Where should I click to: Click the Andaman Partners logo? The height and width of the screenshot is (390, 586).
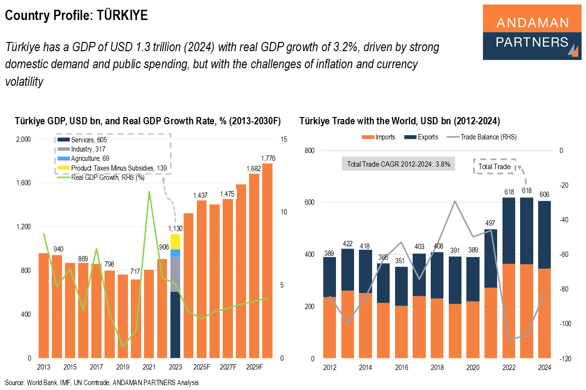click(532, 32)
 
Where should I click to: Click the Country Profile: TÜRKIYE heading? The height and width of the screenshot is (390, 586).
click(76, 16)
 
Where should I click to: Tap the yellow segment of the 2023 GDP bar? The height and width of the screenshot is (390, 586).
click(175, 242)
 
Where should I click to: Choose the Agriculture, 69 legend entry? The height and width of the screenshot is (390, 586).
click(90, 158)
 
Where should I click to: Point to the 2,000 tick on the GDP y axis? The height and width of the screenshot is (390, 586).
click(23, 139)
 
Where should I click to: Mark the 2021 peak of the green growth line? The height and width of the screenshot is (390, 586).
click(149, 192)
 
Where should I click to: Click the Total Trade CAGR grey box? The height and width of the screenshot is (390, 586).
click(398, 164)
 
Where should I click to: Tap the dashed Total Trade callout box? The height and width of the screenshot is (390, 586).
click(494, 167)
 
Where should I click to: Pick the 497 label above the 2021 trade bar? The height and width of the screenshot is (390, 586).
click(490, 223)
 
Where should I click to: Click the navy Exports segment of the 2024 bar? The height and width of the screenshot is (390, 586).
click(544, 234)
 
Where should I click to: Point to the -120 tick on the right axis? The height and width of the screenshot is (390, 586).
click(565, 359)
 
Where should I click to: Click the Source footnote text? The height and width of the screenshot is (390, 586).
click(102, 383)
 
